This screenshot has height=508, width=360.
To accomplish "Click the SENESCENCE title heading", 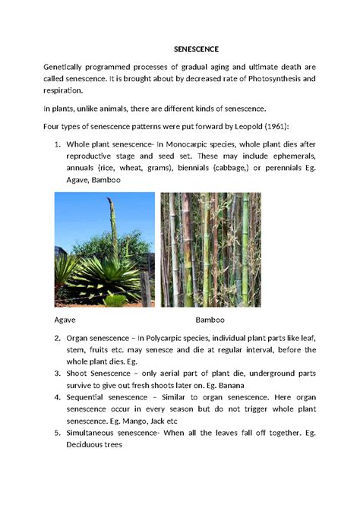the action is (x=179, y=50).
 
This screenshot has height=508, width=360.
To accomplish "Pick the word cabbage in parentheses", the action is (x=224, y=169).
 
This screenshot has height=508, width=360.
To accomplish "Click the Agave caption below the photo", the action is (x=65, y=320).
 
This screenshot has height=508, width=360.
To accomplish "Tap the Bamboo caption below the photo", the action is (x=210, y=320).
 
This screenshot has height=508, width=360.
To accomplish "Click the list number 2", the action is (x=58, y=338).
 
